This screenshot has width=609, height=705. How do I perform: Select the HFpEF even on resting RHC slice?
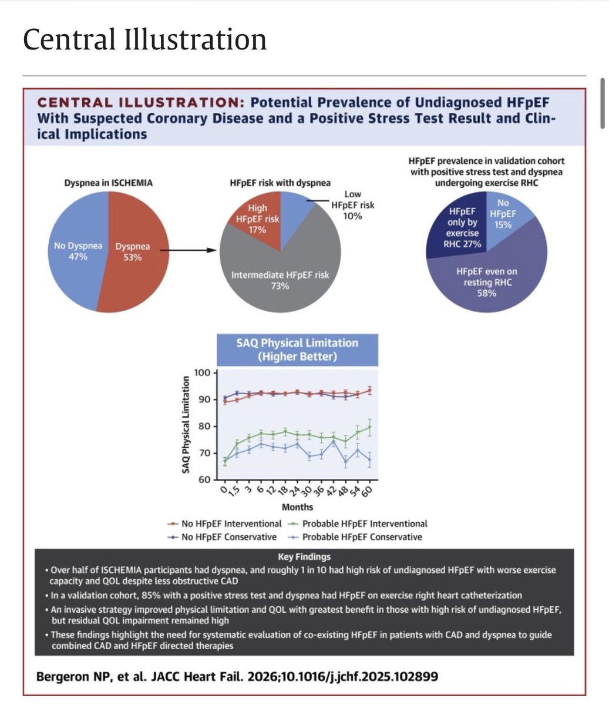pyautogui.click(x=486, y=282)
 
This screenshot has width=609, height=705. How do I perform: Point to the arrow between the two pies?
pyautogui.click(x=184, y=251)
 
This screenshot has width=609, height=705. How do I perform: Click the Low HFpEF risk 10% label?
pyautogui.click(x=352, y=205)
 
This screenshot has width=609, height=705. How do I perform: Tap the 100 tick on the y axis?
pyautogui.click(x=203, y=372)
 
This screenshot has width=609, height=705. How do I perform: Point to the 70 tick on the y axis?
pyautogui.click(x=204, y=453)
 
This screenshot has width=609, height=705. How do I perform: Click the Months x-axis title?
pyautogui.click(x=297, y=507)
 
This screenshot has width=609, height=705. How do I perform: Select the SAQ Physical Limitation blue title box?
pyautogui.click(x=297, y=350)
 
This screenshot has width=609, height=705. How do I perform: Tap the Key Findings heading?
pyautogui.click(x=304, y=556)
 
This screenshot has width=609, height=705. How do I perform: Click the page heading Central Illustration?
pyautogui.click(x=144, y=39)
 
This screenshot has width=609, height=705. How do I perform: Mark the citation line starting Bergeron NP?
pyautogui.click(x=237, y=676)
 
